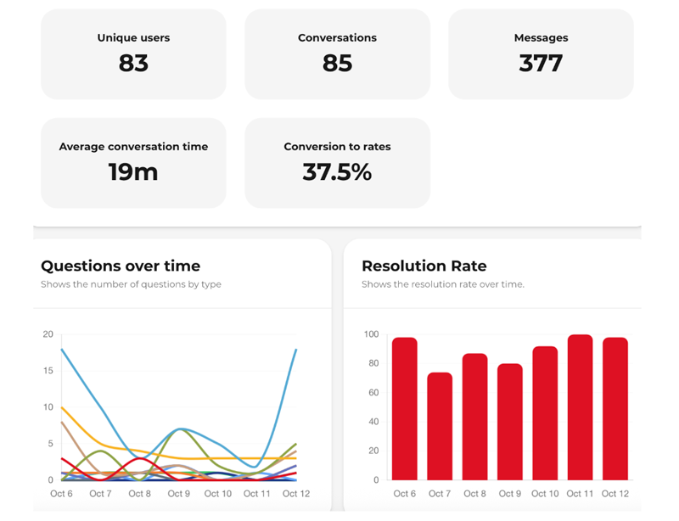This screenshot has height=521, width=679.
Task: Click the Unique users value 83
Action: (133, 64)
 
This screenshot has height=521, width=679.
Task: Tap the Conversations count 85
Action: (337, 64)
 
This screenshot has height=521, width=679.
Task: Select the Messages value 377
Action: (541, 64)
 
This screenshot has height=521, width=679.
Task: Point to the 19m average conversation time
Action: (133, 172)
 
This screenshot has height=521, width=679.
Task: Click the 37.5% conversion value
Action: (337, 172)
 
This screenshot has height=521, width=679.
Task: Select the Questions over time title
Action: (121, 266)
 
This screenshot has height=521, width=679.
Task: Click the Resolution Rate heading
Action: (424, 266)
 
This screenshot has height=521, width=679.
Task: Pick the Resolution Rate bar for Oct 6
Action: (404, 409)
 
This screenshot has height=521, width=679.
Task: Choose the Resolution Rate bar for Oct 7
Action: (440, 426)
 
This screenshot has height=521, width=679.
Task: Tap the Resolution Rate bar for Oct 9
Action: (510, 422)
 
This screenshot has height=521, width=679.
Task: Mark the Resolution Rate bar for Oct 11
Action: (580, 407)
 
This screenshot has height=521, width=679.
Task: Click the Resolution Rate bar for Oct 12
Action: (614, 409)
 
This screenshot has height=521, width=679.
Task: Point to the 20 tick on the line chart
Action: (48, 334)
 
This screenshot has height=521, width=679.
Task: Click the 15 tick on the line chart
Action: (48, 371)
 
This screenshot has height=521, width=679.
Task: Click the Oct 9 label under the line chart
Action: (178, 494)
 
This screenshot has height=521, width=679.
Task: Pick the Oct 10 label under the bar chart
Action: (545, 494)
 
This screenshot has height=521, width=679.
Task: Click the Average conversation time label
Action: (133, 147)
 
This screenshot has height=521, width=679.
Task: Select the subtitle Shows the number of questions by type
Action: (131, 284)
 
